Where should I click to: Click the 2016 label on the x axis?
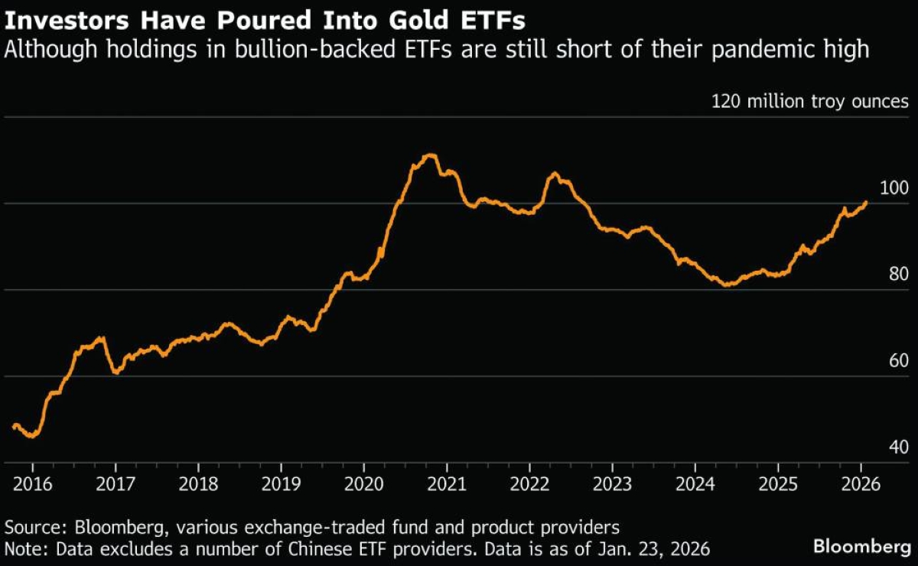(x=32, y=485)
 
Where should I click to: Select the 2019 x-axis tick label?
(x=281, y=485)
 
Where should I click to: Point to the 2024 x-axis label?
(x=695, y=485)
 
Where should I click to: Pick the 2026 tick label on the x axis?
(x=860, y=485)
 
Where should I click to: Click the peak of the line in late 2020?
(x=430, y=155)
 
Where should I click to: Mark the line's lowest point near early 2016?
(x=31, y=436)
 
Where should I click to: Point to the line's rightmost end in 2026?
(x=866, y=203)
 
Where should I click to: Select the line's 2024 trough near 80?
(x=727, y=285)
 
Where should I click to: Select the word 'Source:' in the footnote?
(x=34, y=528)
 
